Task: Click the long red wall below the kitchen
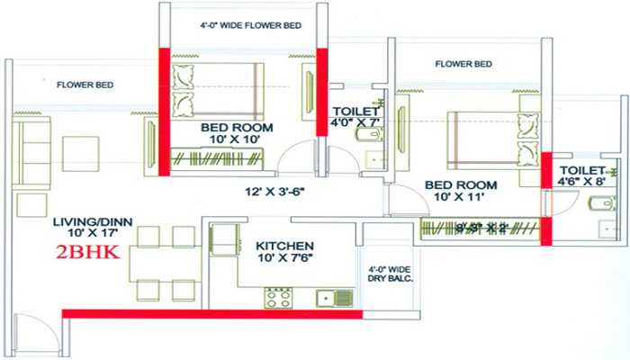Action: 211,313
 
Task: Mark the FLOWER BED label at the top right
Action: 463,65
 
